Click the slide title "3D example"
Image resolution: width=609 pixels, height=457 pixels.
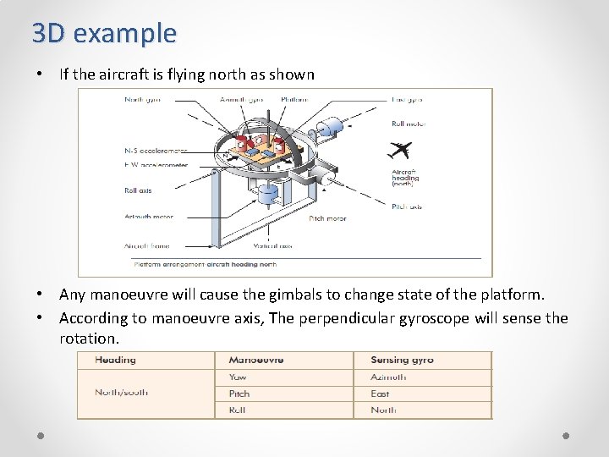[x=104, y=33]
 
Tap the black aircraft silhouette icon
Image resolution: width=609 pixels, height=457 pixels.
[x=398, y=151]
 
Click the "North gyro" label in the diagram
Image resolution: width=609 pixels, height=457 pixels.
[x=142, y=100]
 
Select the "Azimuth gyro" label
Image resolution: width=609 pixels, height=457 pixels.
[x=241, y=100]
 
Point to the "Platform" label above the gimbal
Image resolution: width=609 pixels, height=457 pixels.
[x=294, y=100]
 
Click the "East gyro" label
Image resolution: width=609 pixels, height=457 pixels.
[x=407, y=100]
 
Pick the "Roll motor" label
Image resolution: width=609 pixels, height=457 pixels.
[x=409, y=124]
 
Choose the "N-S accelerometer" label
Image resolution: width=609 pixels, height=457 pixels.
[x=156, y=151]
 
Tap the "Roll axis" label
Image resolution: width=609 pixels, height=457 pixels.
[x=138, y=190]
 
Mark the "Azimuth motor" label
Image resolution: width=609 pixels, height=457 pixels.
[x=148, y=217]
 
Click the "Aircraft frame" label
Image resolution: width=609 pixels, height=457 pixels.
[x=147, y=246]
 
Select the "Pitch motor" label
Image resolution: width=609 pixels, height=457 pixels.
[x=327, y=218]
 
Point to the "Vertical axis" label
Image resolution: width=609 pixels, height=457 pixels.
[x=272, y=246]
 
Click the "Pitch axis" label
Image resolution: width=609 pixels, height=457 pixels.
[x=407, y=206]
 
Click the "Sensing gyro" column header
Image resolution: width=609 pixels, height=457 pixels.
[x=402, y=360]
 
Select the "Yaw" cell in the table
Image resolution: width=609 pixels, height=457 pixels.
[x=238, y=377]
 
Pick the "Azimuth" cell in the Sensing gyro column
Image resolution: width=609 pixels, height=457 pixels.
[x=388, y=377]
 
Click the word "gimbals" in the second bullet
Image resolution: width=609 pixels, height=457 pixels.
[x=249, y=295]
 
